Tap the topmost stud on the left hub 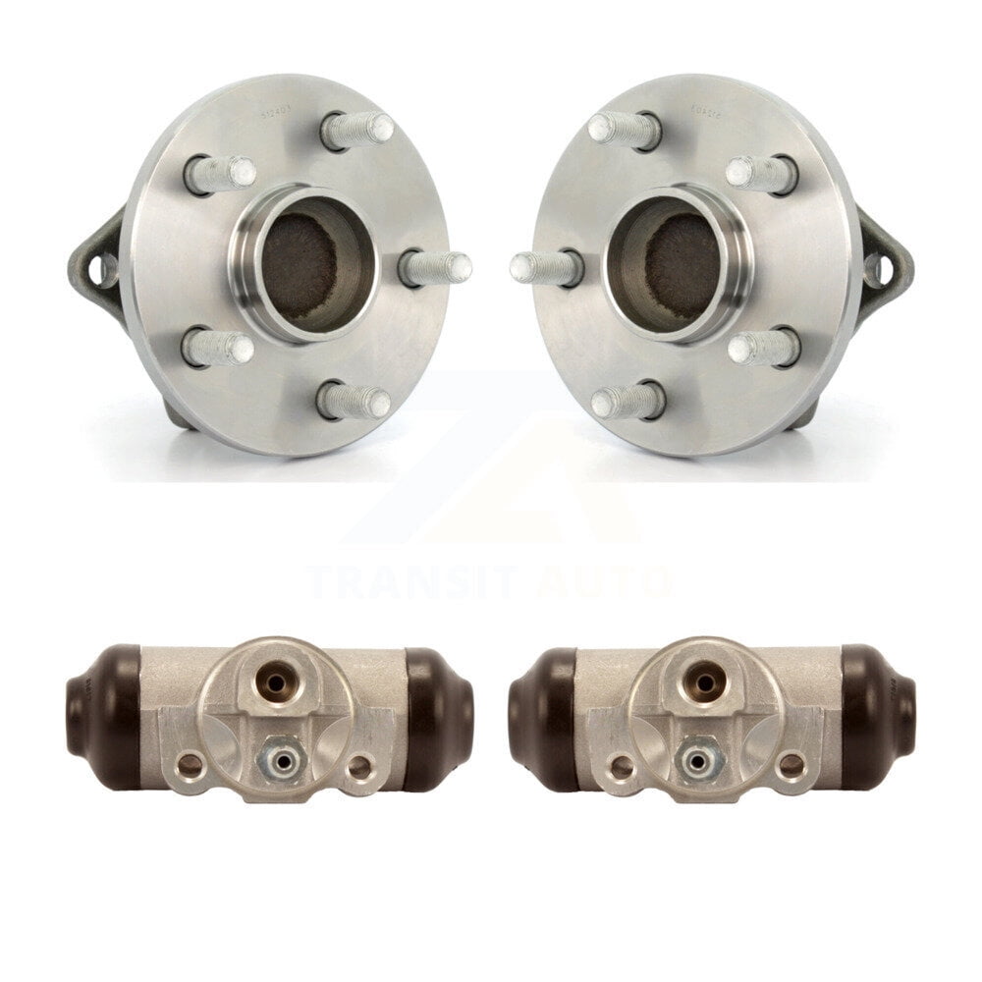point(358,130)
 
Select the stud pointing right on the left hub point(437,267)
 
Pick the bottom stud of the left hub point(355,401)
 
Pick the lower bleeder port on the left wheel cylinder point(267,757)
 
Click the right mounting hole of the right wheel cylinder point(791,767)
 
